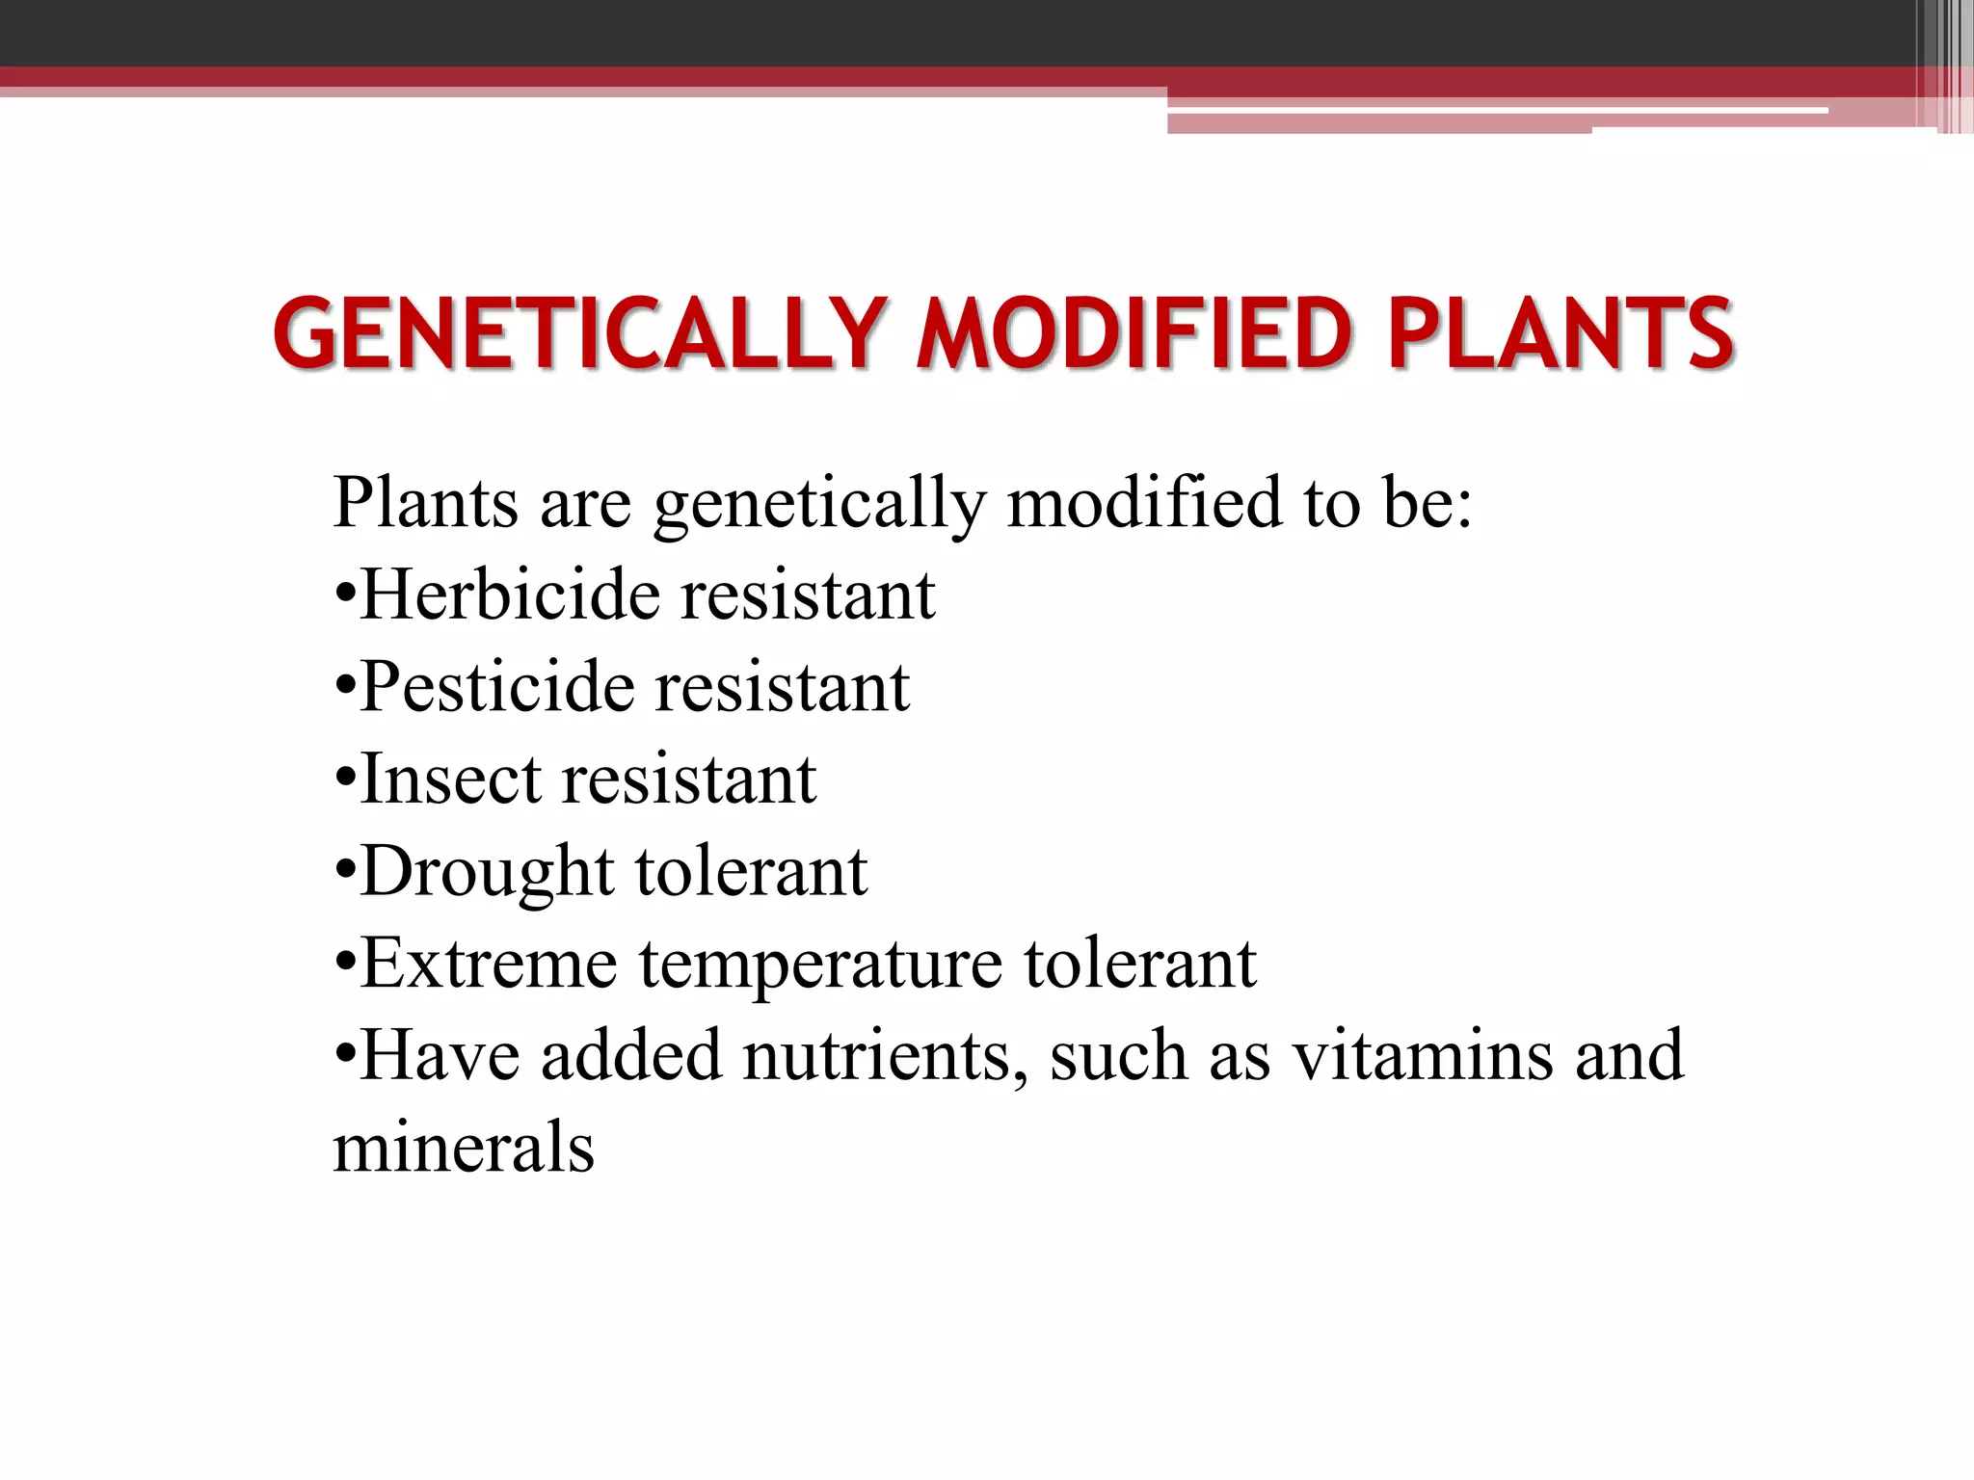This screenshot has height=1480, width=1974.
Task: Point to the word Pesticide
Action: [498, 686]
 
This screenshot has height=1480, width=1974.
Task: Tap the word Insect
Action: [449, 779]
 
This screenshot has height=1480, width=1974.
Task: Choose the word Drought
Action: [487, 871]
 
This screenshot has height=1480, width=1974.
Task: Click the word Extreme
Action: [489, 963]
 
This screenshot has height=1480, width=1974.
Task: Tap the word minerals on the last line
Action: [464, 1147]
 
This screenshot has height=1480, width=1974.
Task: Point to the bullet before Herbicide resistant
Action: [345, 595]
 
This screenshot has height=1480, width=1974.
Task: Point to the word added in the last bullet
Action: [630, 1055]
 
